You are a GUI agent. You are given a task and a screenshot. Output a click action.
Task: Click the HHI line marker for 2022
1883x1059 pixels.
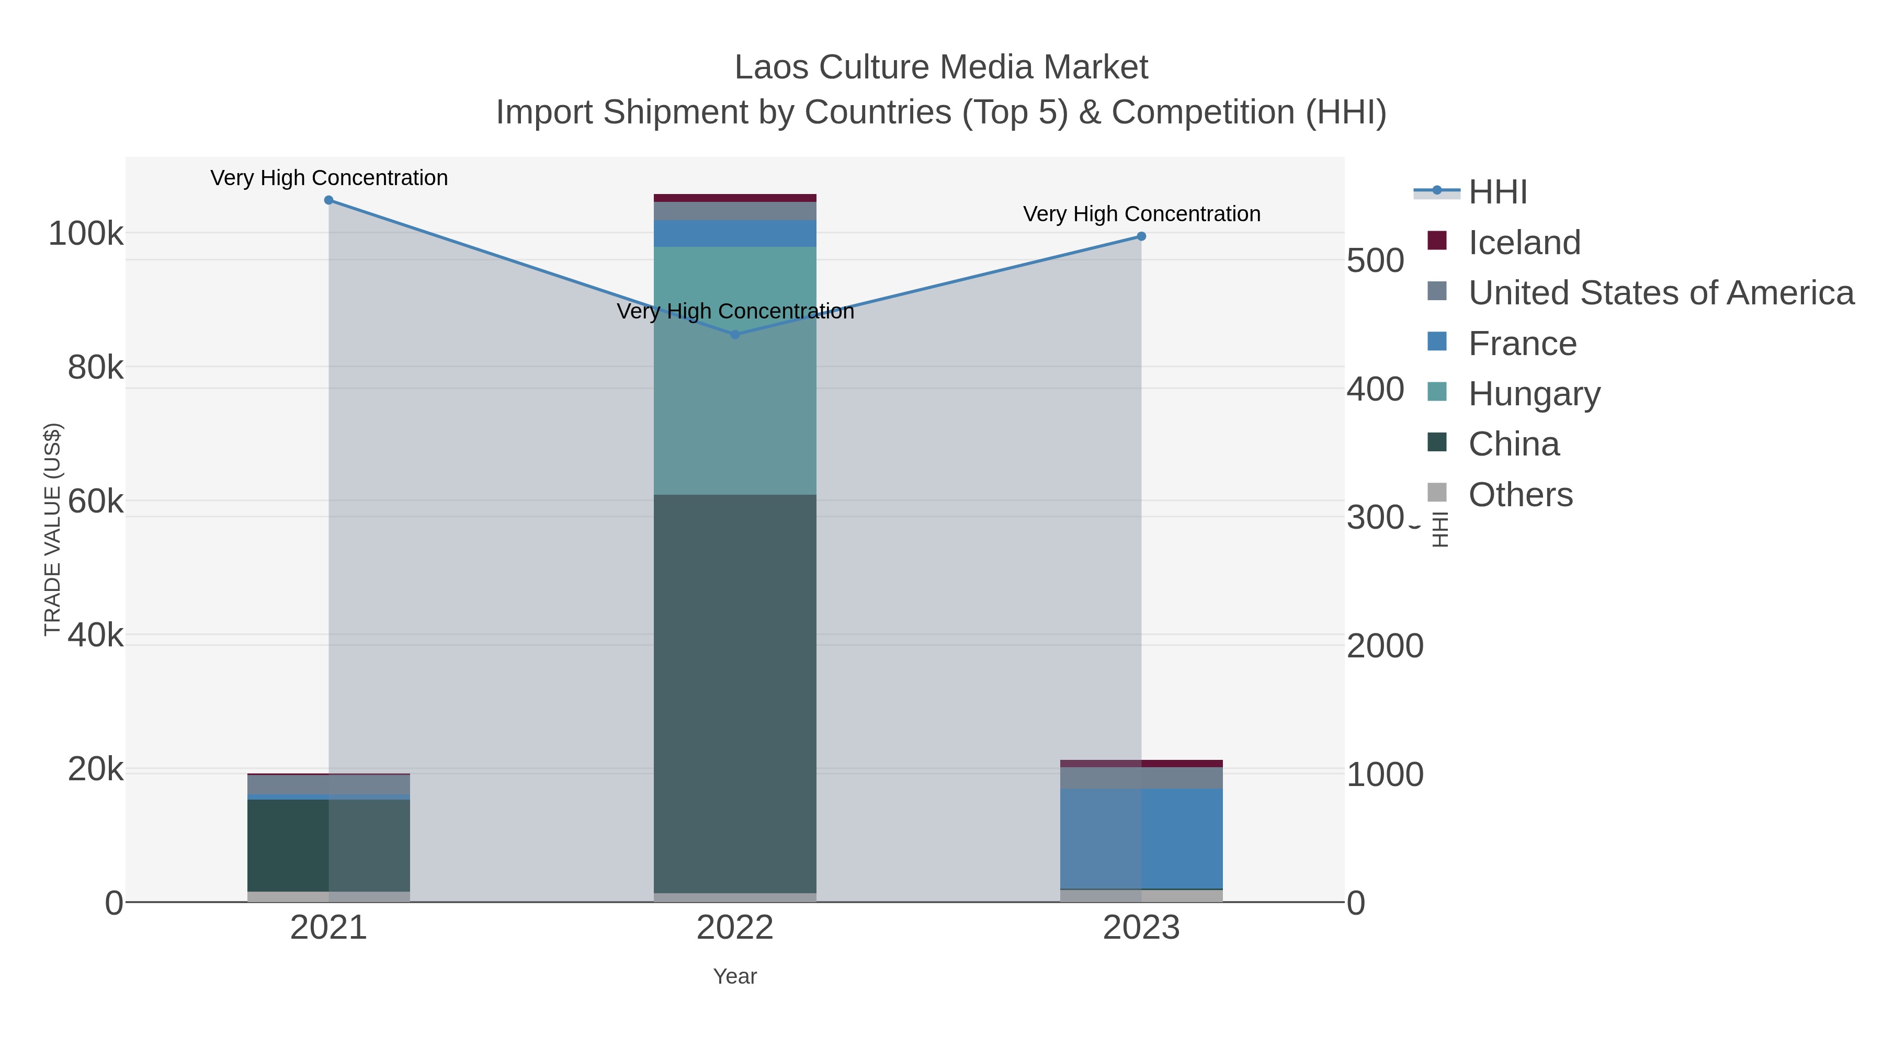735,335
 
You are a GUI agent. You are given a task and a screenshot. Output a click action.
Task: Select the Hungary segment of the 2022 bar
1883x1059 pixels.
735,371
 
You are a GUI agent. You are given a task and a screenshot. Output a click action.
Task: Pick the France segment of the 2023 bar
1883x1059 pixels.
1141,838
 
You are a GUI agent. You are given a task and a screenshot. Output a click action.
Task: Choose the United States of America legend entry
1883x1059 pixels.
1660,293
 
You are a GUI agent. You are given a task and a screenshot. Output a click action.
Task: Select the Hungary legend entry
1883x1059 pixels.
1534,394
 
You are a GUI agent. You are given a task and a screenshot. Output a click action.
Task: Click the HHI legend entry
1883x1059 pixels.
1497,192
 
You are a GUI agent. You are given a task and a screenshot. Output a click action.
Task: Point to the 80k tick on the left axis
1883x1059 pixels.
95,368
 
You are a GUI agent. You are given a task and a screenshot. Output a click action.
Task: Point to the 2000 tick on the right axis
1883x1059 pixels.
1385,646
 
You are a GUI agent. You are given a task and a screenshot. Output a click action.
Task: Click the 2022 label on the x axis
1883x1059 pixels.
735,928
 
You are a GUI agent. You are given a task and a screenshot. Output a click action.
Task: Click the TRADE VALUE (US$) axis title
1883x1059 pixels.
53,529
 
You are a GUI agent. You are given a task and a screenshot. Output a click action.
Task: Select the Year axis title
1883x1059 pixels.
735,976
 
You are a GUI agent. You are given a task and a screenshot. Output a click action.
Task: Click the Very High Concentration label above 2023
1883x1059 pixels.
1141,214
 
